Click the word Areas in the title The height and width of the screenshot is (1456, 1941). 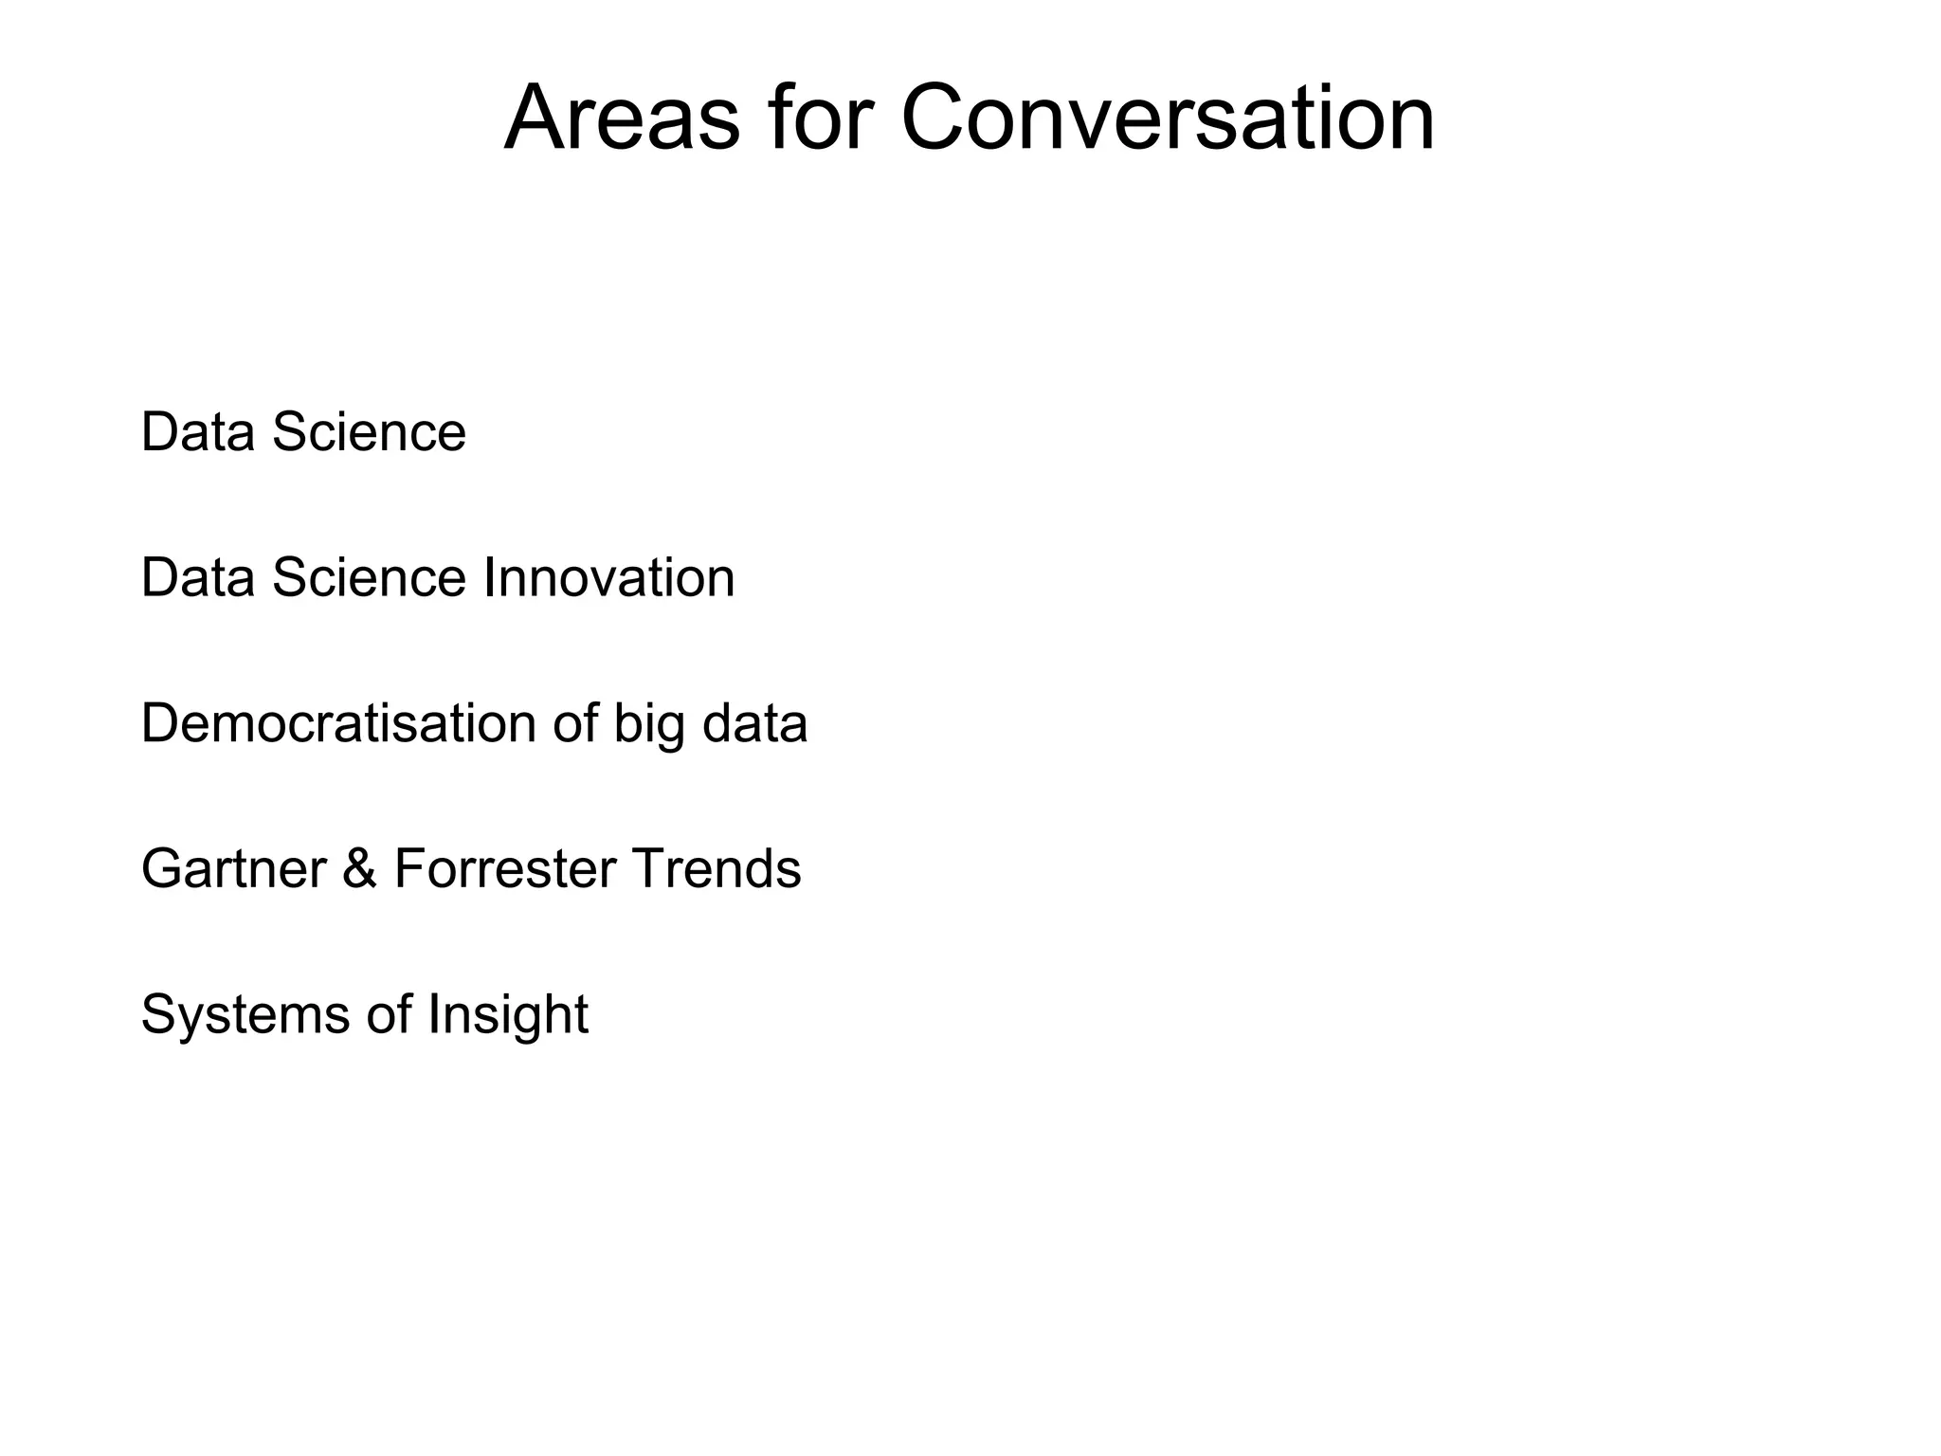(621, 118)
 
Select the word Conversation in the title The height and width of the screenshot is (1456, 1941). (1167, 118)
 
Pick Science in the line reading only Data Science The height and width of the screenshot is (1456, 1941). (369, 432)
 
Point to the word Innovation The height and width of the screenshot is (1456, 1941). (608, 578)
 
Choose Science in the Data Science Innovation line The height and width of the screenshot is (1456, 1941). (369, 578)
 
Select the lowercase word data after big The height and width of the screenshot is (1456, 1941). (754, 723)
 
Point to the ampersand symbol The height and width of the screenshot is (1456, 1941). (360, 869)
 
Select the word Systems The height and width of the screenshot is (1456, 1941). (245, 1014)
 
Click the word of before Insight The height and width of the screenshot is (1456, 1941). (389, 1014)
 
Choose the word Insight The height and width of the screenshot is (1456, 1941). (508, 1016)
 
